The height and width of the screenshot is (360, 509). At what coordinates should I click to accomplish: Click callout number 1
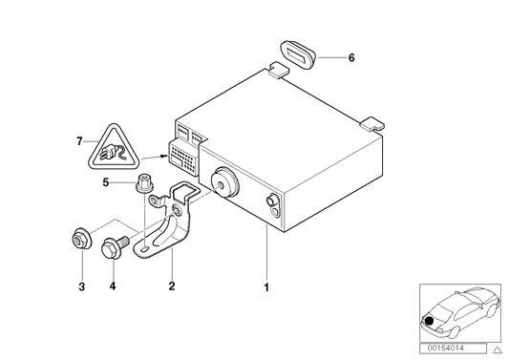coord(267,286)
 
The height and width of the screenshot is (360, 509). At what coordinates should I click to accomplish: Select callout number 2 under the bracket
coord(172,286)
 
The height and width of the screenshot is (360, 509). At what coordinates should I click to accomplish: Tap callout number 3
coord(80,286)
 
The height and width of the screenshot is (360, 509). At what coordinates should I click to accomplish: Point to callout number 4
coord(114,286)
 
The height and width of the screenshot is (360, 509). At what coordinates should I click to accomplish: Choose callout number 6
coord(350,58)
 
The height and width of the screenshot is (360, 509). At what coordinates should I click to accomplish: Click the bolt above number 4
coord(111,247)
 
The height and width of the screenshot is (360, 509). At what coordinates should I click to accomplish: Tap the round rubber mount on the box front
coord(225,182)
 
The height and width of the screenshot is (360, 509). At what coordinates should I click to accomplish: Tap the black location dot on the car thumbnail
coord(433,322)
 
